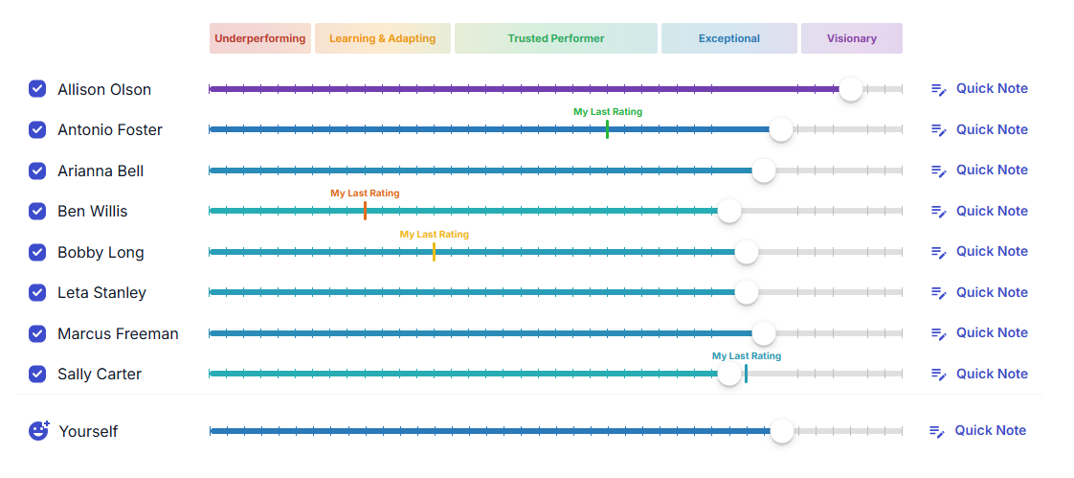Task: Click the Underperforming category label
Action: point(259,39)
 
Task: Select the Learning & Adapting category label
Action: point(382,39)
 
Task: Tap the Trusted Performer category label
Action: point(555,39)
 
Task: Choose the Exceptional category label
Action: point(728,39)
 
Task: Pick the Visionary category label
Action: point(851,39)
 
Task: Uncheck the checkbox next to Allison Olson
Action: point(37,89)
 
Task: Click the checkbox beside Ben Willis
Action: point(37,211)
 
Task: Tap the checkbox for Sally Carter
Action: point(37,374)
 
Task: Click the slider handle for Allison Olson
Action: point(850,89)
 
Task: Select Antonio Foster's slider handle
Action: point(781,129)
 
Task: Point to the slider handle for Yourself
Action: point(782,431)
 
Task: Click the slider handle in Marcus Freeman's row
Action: point(763,333)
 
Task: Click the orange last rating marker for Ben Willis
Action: point(365,210)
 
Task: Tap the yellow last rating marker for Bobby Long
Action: point(434,251)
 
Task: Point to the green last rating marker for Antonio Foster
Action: point(607,128)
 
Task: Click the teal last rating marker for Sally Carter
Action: point(746,373)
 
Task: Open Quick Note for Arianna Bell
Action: point(980,171)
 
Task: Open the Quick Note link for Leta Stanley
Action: point(980,292)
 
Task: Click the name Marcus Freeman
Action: point(118,333)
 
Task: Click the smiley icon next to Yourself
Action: point(38,431)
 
